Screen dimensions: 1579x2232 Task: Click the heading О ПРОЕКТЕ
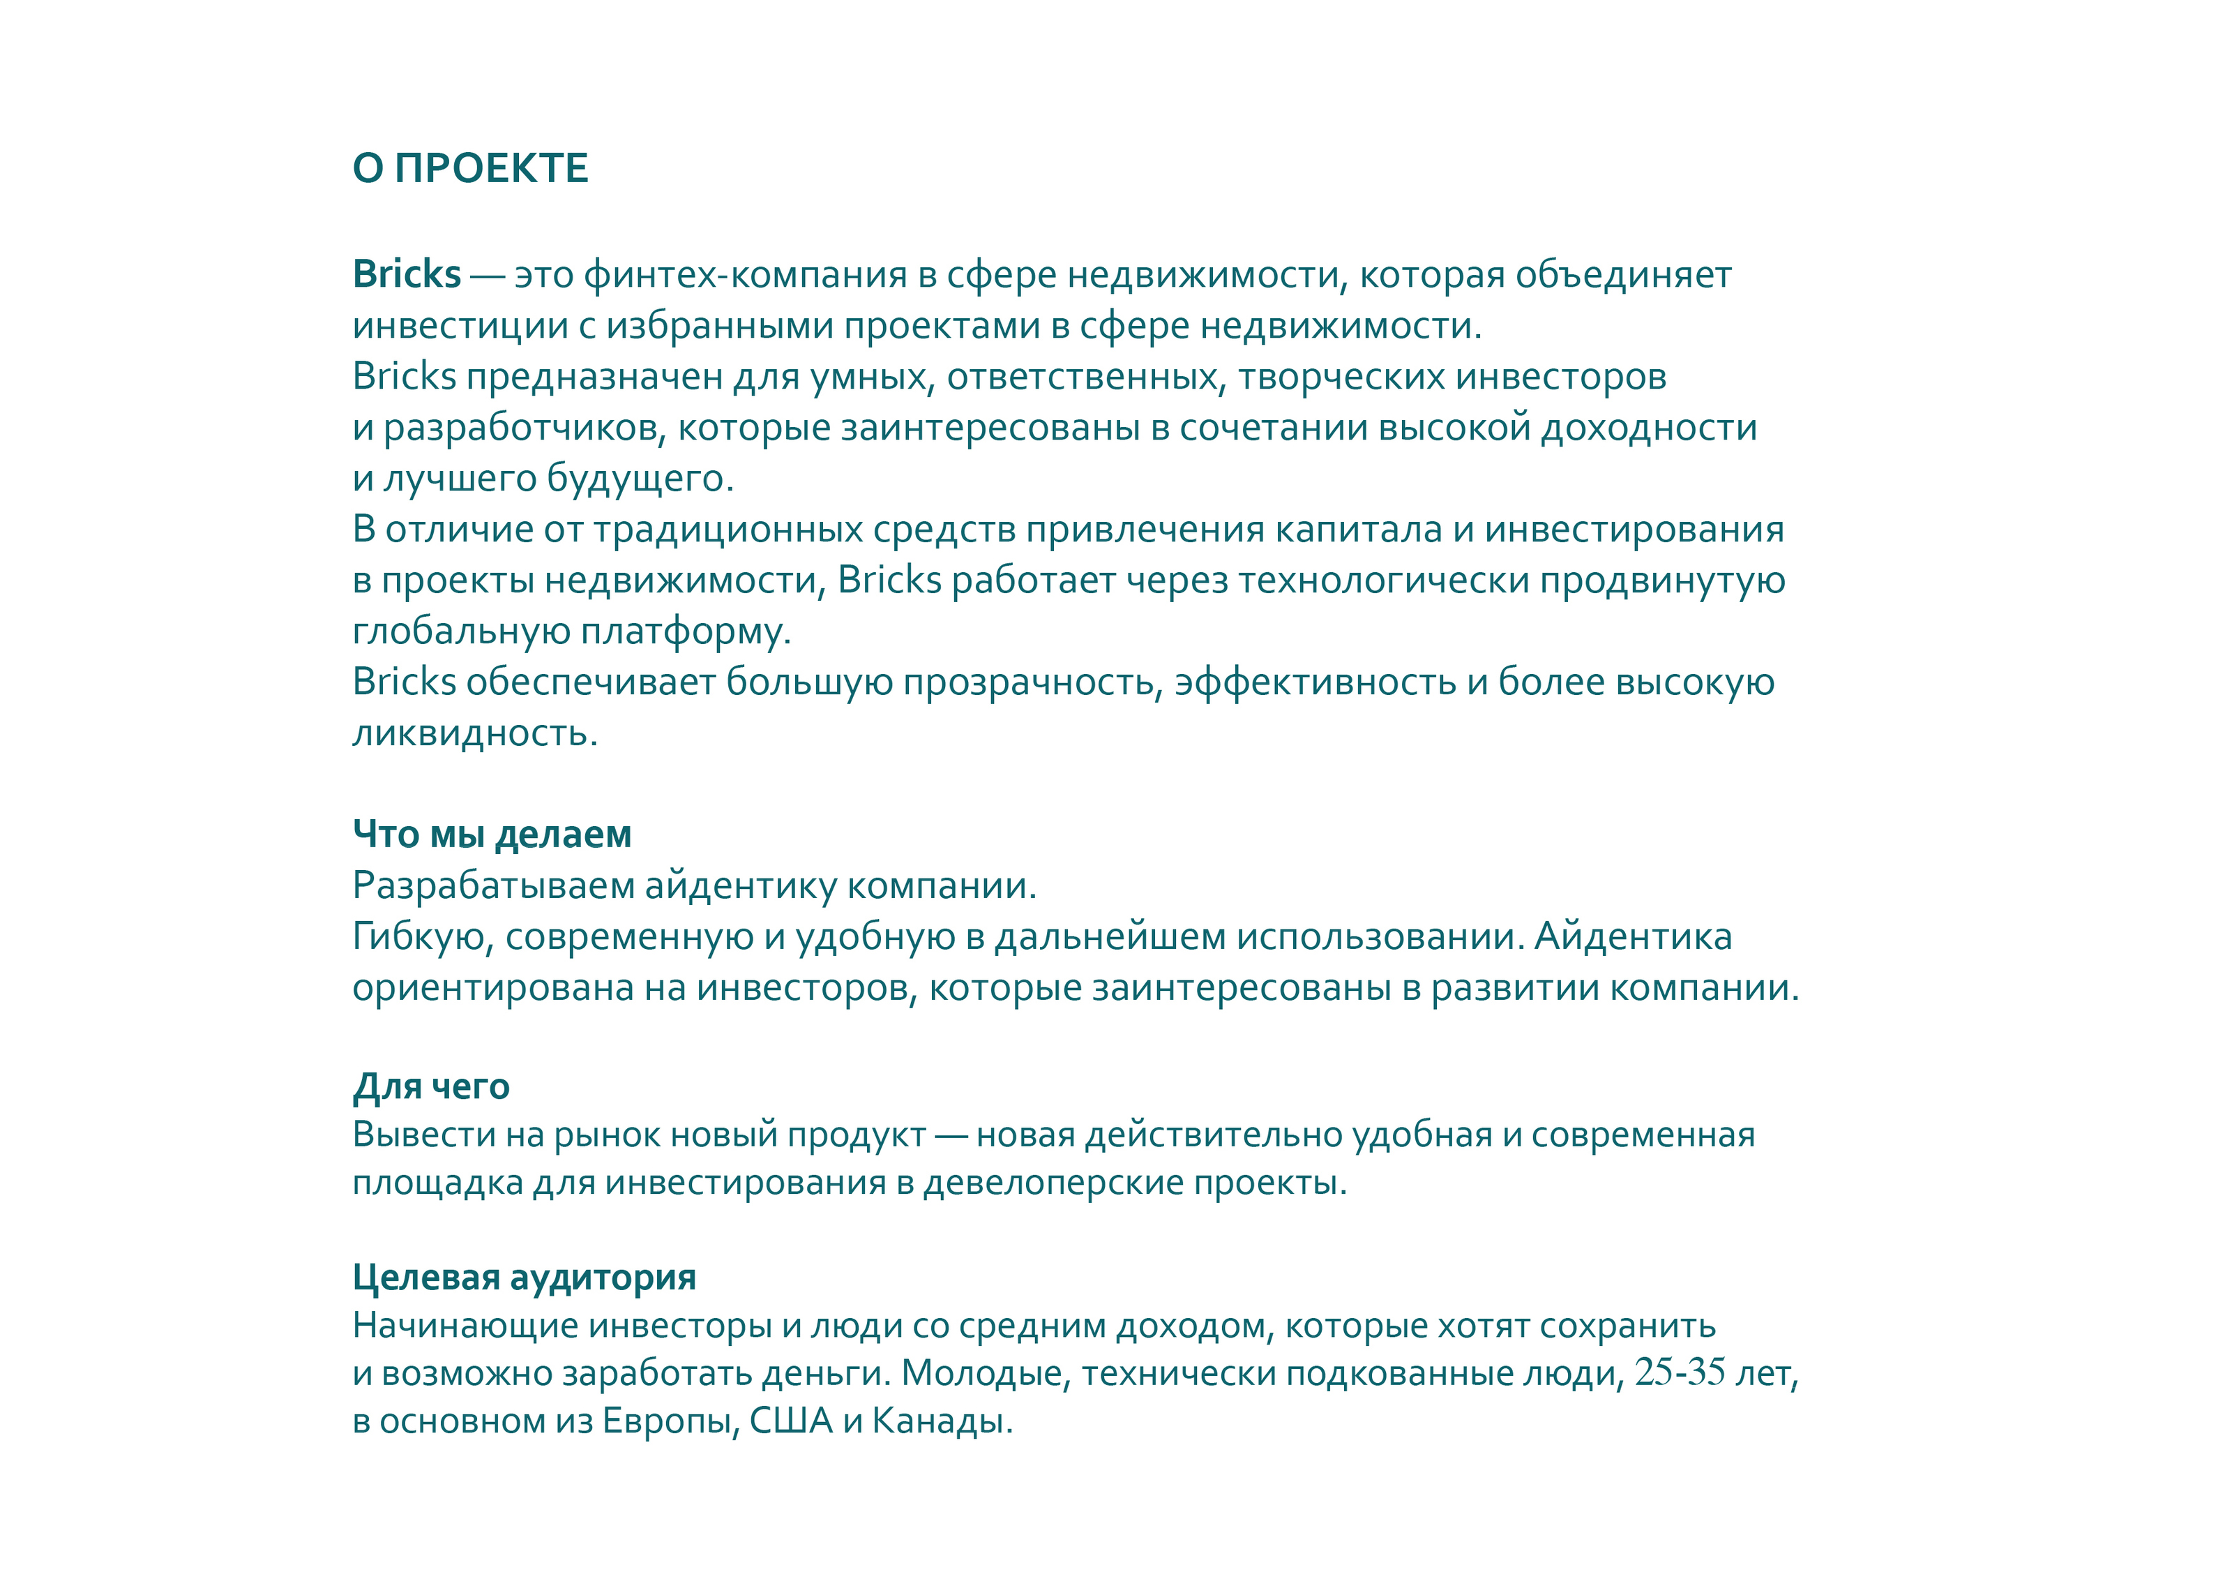[471, 169]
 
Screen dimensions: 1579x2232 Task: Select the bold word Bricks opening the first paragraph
[407, 274]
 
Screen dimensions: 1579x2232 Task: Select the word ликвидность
[474, 733]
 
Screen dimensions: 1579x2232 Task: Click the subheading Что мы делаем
[492, 835]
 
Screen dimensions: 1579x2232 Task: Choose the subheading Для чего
[430, 1086]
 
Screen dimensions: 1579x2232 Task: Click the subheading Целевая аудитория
[524, 1278]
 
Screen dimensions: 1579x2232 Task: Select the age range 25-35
[1680, 1373]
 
